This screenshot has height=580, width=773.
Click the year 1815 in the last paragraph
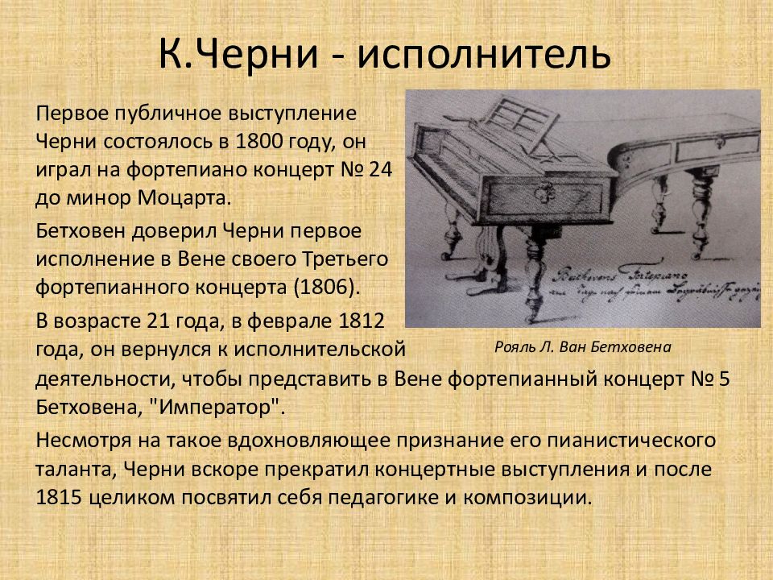59,495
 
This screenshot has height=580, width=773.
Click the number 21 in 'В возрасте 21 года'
155,321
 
